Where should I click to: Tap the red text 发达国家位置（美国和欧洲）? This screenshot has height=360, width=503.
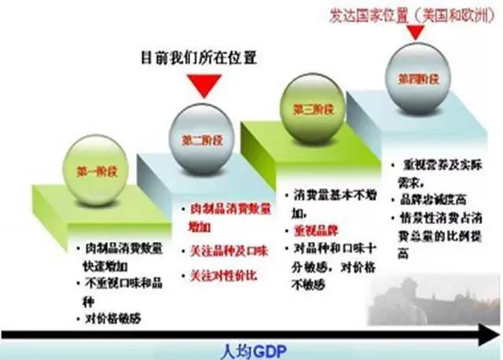click(406, 12)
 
